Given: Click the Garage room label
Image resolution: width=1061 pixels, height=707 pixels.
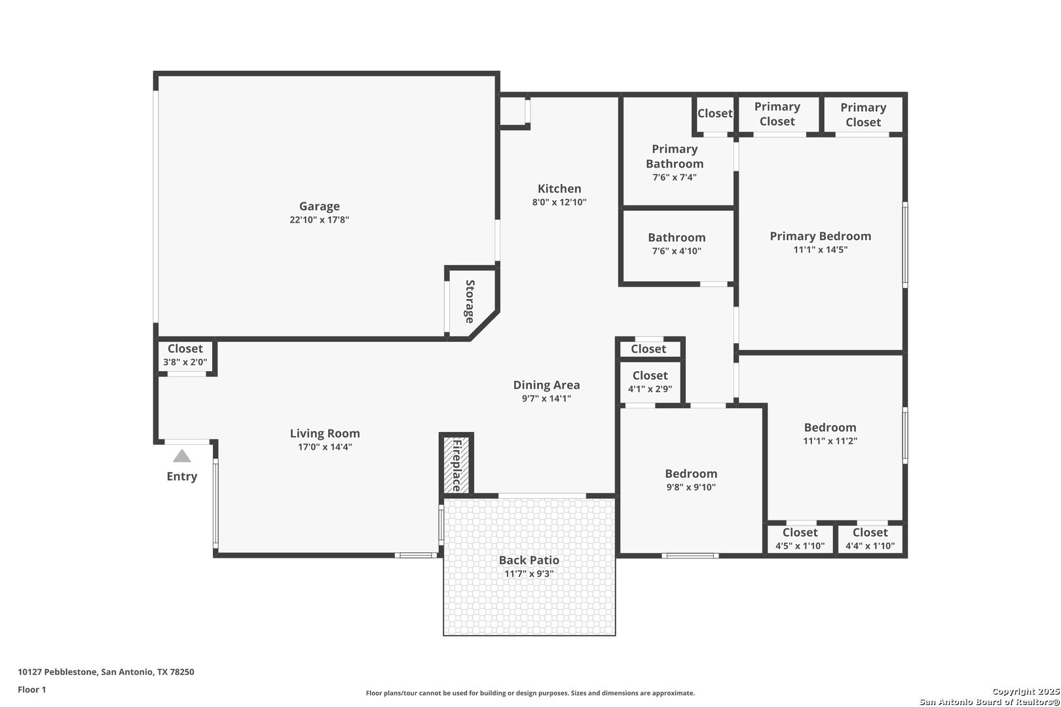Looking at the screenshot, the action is [319, 206].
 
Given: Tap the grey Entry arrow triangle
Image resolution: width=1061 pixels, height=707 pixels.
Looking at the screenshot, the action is [182, 456].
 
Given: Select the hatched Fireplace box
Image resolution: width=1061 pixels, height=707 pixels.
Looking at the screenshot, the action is [456, 465].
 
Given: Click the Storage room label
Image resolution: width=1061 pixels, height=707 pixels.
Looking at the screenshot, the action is [470, 302].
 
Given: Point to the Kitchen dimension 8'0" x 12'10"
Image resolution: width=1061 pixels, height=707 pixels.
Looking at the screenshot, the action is [559, 202].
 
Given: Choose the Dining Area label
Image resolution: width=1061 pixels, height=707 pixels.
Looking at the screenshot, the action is [547, 385].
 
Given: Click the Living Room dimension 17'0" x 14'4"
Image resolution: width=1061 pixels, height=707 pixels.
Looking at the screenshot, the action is [325, 447].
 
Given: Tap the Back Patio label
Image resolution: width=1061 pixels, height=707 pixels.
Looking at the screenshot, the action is [529, 560].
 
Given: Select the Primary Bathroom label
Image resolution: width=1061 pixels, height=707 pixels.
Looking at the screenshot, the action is [675, 156].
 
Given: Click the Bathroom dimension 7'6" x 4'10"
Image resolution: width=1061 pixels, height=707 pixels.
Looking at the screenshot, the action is [677, 251].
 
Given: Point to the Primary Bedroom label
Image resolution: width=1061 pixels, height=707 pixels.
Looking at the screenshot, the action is [821, 236].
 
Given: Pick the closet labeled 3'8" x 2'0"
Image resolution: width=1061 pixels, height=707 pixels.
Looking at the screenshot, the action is [185, 355].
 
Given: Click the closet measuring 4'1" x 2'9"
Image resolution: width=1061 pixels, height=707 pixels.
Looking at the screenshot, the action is [650, 382].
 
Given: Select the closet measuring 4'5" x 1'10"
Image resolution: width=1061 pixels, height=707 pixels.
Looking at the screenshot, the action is [800, 539].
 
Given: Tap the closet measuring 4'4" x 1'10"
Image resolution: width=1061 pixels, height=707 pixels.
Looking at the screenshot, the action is [870, 539].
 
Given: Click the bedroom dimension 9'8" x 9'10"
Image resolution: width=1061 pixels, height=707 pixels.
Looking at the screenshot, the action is [691, 487].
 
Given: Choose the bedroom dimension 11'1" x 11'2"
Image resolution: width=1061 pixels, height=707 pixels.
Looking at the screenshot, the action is [830, 441].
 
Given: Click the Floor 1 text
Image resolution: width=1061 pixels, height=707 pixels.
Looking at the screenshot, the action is [31, 689].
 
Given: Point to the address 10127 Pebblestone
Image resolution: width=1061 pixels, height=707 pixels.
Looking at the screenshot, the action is [58, 672].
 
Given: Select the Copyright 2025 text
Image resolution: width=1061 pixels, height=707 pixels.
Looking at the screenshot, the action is [1026, 691].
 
